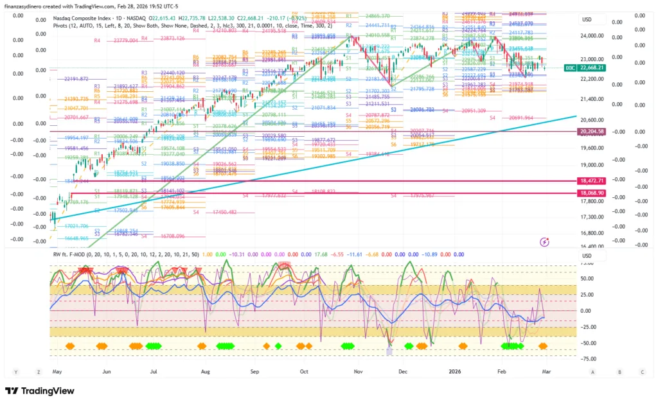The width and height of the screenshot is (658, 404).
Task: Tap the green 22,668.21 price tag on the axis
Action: [592, 67]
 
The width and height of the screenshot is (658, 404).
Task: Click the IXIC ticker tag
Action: [569, 67]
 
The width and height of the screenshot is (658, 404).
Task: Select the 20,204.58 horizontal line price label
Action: [592, 132]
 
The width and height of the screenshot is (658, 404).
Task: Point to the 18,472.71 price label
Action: [592, 182]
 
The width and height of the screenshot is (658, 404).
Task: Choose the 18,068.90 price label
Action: [592, 193]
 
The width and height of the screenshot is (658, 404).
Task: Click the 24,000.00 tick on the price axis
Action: [592, 36]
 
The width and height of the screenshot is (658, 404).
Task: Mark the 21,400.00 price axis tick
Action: [592, 99]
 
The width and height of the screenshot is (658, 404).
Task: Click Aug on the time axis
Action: [205, 371]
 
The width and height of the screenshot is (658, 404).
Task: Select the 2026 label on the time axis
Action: [454, 371]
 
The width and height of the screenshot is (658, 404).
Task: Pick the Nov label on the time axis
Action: [356, 371]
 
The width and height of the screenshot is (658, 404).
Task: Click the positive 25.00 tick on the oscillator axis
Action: [586, 295]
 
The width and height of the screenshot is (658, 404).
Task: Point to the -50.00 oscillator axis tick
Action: [585, 343]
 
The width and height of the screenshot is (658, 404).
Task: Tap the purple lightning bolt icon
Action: [545, 242]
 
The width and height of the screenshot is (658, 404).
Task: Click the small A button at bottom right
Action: [592, 371]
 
